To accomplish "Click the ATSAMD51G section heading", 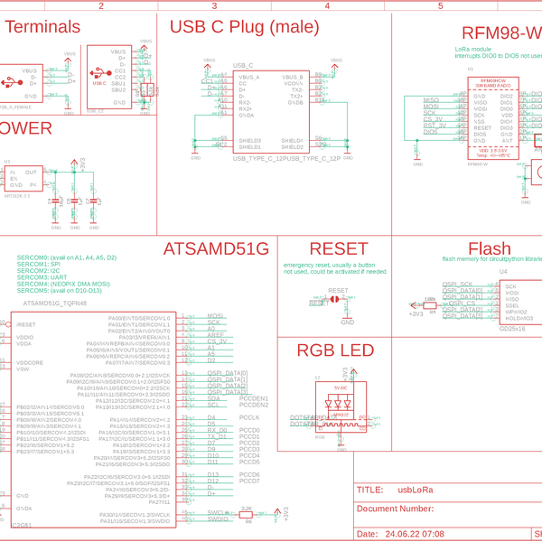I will pyautogui.click(x=216, y=249).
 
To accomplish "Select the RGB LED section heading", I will pyautogui.click(x=335, y=351).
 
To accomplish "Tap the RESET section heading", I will pyautogui.click(x=339, y=249).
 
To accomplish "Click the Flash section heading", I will pyautogui.click(x=490, y=250).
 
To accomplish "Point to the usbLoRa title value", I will pyautogui.click(x=416, y=491).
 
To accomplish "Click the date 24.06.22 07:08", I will pyautogui.click(x=414, y=534).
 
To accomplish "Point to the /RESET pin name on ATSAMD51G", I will pyautogui.click(x=26, y=324).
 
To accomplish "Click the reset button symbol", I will pyautogui.click(x=337, y=297).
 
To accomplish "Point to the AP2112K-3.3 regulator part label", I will pyautogui.click(x=17, y=195).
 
